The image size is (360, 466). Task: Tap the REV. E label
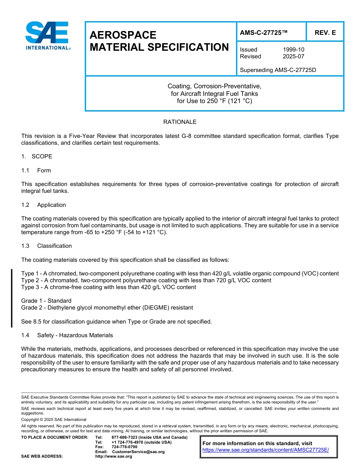325,33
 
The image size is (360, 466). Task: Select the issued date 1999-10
293,50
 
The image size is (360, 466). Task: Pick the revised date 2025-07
293,56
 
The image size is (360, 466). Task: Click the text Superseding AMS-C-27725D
278,70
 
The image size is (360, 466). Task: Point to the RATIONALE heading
180,122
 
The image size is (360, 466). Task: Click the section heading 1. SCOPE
37,156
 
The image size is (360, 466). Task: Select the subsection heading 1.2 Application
44,205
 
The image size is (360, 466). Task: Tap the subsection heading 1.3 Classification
47,246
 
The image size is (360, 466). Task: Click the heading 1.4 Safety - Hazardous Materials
67,335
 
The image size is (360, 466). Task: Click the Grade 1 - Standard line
46,301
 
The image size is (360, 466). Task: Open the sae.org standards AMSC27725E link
265,450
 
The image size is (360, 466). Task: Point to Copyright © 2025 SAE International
54,419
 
